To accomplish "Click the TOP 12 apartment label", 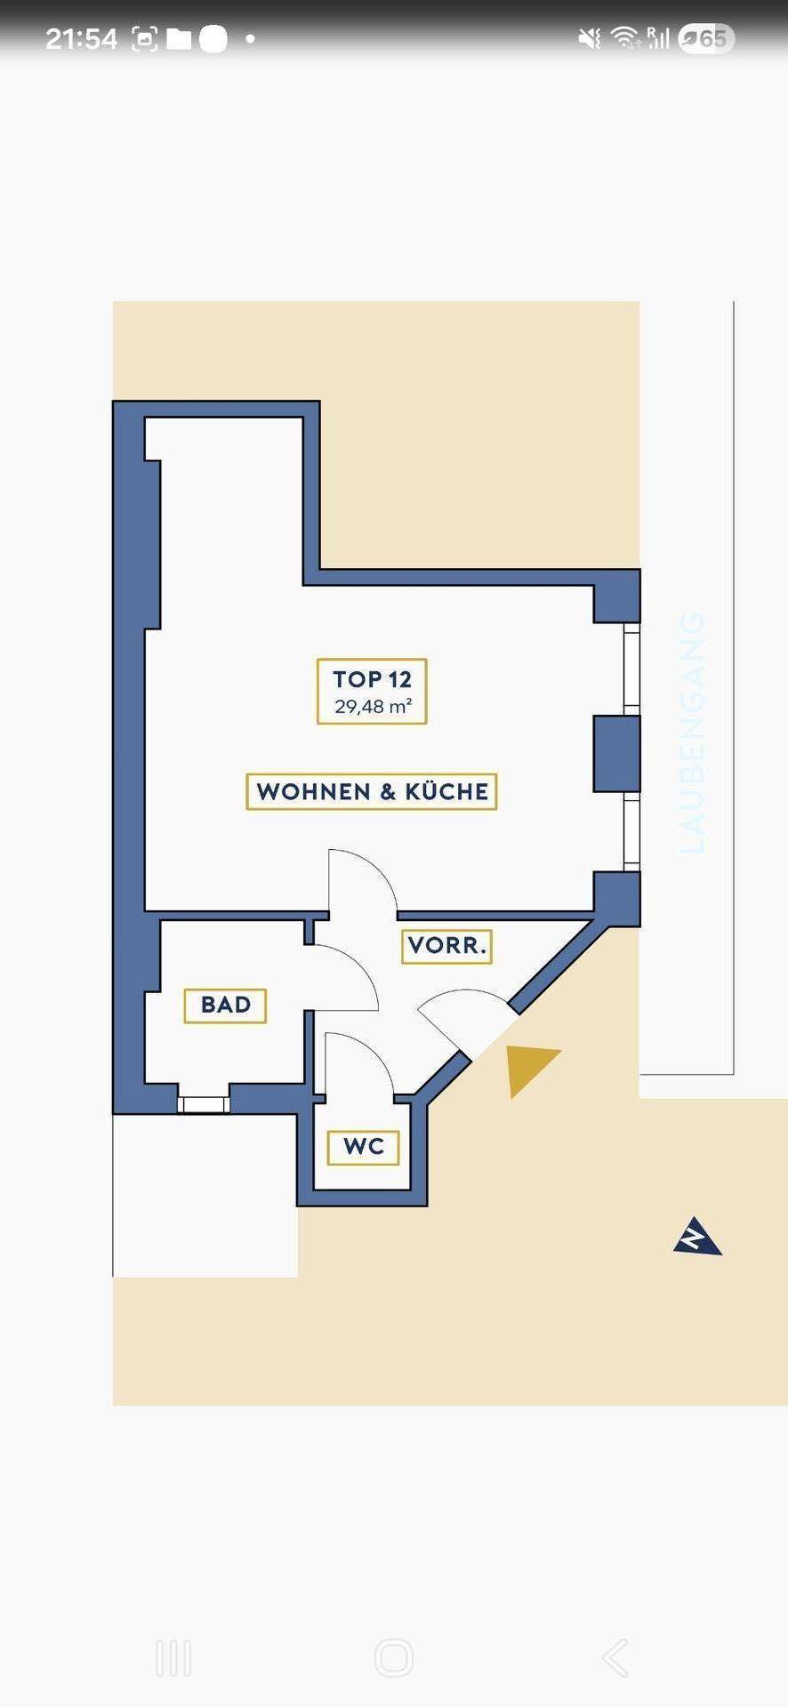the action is [372, 679].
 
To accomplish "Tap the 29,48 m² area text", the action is [373, 707].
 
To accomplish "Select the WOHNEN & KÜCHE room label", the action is [372, 791].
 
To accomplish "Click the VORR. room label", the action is [447, 945].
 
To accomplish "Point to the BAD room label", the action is [225, 1005].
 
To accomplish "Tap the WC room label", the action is [363, 1147].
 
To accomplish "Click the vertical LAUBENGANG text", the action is [692, 733].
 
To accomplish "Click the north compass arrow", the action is [697, 1237].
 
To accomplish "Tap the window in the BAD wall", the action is [203, 1105].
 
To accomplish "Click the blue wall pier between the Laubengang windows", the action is [616, 753].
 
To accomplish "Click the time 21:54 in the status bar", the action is [81, 38].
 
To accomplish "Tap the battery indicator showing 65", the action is [706, 38].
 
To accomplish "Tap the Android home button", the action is [394, 1658].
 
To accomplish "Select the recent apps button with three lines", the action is [173, 1658].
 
